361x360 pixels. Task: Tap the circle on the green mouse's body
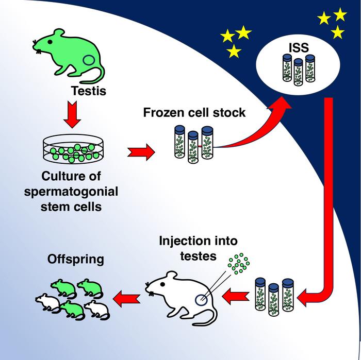90,61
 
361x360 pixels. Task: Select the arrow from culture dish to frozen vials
140,152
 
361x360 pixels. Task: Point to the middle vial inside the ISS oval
298,72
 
